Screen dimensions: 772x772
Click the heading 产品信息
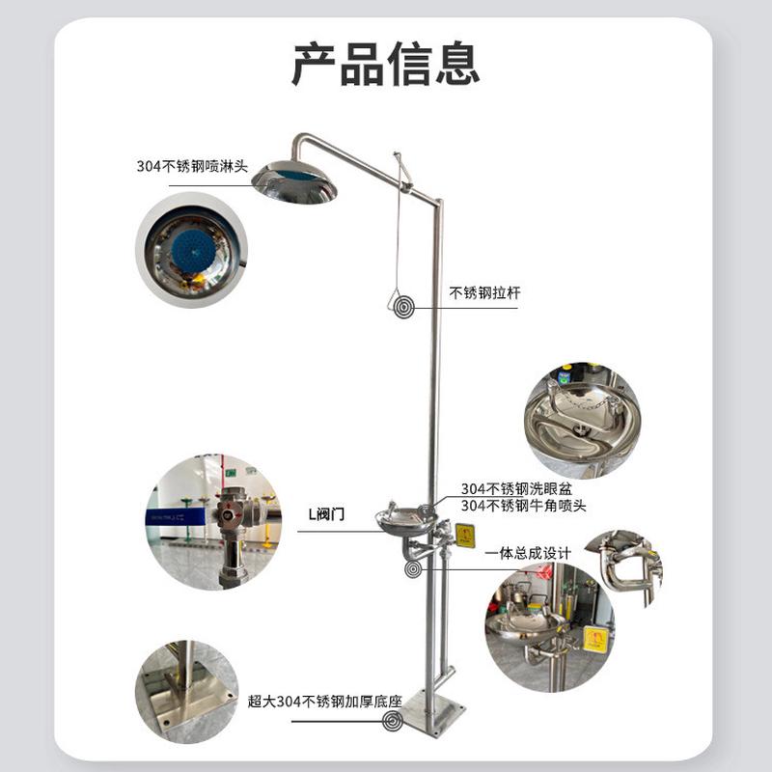tap(386, 65)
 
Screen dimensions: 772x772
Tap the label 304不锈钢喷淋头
tap(192, 166)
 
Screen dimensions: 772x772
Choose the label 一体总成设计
tap(529, 553)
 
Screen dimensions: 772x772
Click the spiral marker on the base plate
tap(393, 721)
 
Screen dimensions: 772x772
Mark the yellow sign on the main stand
tap(465, 536)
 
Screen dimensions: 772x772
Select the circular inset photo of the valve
tap(212, 522)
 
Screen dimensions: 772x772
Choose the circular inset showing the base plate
tap(186, 687)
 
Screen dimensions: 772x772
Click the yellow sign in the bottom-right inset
tap(595, 639)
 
